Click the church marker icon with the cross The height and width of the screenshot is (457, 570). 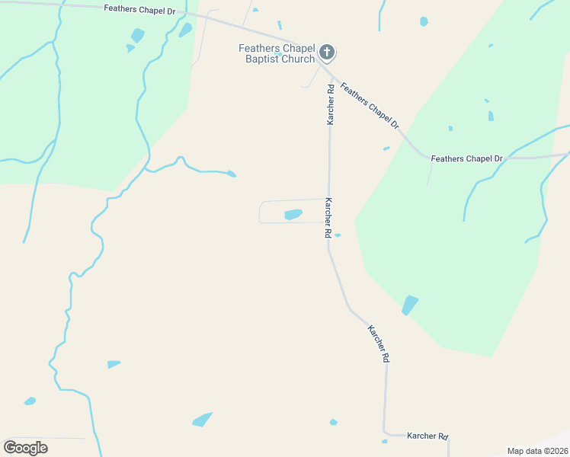[327, 53]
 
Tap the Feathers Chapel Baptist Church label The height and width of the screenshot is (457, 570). [277, 53]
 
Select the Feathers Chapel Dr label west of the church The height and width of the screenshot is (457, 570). [139, 11]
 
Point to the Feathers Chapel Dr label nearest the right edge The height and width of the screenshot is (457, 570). [466, 158]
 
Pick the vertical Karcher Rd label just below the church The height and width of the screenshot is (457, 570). [331, 104]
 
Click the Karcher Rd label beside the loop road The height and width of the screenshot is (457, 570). [328, 219]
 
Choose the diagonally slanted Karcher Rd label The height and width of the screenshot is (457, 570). [379, 344]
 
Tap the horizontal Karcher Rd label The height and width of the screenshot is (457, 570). [427, 436]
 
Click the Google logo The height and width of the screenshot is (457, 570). [25, 448]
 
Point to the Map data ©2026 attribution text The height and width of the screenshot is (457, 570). [538, 450]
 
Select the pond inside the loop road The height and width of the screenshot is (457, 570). [293, 215]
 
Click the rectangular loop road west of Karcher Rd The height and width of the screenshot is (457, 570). [261, 213]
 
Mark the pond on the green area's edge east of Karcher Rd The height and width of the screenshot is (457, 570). [410, 305]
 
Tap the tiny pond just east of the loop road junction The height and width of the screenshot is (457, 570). [337, 235]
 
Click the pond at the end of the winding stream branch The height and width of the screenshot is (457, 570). [231, 174]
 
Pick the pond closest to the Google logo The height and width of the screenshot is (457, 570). [30, 401]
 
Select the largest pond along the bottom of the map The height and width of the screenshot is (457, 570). [202, 420]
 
